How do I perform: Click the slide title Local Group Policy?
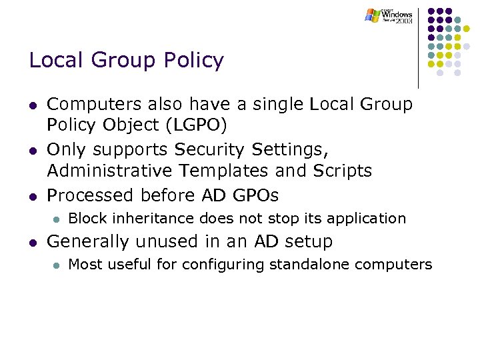[x=126, y=61]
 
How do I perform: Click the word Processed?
[x=91, y=195]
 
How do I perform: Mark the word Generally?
[x=90, y=241]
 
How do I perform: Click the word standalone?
[x=310, y=265]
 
